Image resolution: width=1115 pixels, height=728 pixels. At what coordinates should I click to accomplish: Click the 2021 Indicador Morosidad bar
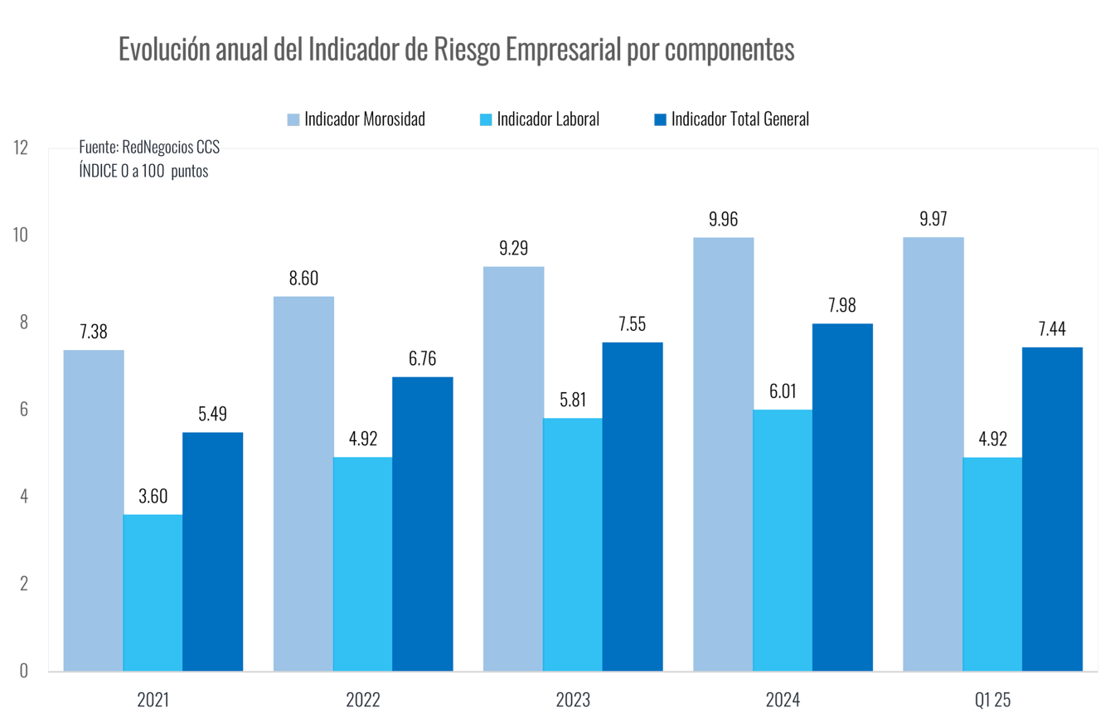click(x=94, y=510)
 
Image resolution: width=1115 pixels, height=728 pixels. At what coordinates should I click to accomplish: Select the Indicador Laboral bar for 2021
click(x=153, y=592)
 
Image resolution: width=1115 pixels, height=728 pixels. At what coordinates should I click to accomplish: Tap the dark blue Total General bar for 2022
click(x=423, y=524)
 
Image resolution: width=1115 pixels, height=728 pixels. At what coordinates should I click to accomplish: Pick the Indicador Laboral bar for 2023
click(x=573, y=544)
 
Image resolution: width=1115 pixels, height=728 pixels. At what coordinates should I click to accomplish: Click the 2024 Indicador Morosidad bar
click(x=723, y=454)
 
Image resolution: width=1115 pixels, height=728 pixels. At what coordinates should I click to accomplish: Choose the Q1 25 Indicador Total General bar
click(x=1052, y=509)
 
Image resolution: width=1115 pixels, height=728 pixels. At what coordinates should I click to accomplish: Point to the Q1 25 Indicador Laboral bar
click(x=992, y=564)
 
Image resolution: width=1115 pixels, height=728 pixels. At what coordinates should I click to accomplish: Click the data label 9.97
click(x=933, y=220)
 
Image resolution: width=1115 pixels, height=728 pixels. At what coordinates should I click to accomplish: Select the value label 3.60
click(x=153, y=497)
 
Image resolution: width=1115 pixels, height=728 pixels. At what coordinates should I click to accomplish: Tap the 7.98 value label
click(x=842, y=305)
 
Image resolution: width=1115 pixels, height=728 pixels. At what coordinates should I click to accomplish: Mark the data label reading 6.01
click(x=783, y=391)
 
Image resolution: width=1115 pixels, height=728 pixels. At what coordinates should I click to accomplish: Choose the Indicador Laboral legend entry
click(x=545, y=119)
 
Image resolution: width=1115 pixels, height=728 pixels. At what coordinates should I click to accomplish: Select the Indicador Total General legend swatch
click(x=660, y=119)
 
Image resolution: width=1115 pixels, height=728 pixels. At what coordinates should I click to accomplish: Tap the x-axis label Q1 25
click(x=992, y=701)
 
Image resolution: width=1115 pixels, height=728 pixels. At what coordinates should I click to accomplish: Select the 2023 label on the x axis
click(x=573, y=701)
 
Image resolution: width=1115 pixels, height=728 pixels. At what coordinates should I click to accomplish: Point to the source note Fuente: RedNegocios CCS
click(x=149, y=148)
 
